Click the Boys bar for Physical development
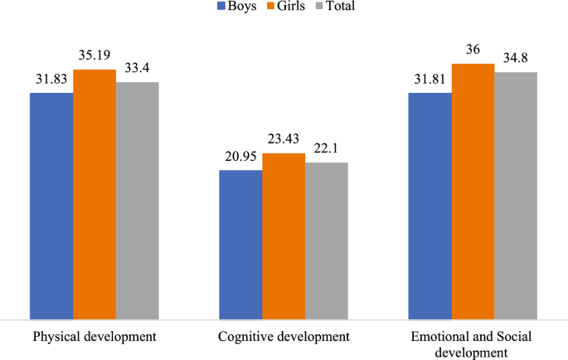pyautogui.click(x=51, y=206)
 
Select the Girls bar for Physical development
pyautogui.click(x=95, y=194)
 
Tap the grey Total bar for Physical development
pyautogui.click(x=137, y=201)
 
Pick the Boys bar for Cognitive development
pyautogui.click(x=240, y=245)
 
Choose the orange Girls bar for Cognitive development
pyautogui.click(x=284, y=236)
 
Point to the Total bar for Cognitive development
pyautogui.click(x=326, y=241)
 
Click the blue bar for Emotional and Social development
pyautogui.click(x=430, y=206)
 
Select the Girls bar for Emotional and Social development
pyautogui.click(x=473, y=192)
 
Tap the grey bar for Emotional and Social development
pyautogui.click(x=516, y=196)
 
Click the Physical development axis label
pyautogui.click(x=95, y=338)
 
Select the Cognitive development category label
pyautogui.click(x=284, y=338)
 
